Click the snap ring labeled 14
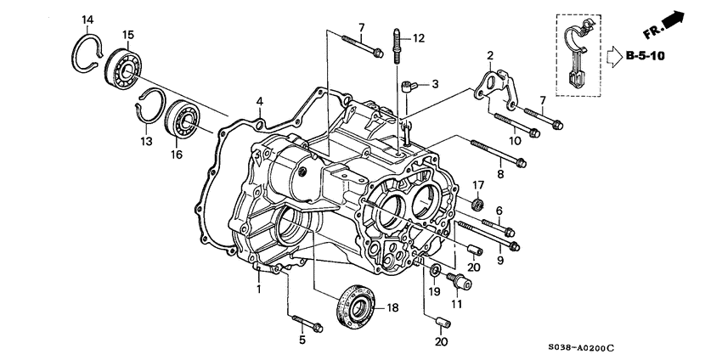coord(83,53)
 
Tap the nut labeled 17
coord(478,205)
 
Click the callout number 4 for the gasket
coord(261,102)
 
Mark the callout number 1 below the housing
coord(258,290)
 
